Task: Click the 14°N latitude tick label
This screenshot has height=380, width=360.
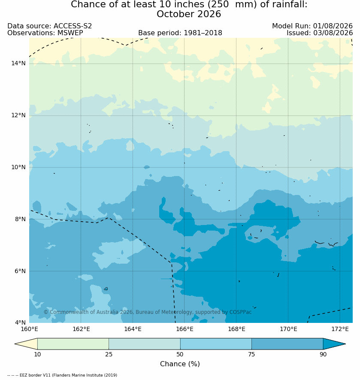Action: [18, 64]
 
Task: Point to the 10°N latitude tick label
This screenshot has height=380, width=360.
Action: [18, 167]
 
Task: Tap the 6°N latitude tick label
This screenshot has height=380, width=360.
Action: [20, 271]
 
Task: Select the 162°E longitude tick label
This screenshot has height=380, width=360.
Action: [81, 329]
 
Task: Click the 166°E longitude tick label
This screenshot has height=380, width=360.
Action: [185, 329]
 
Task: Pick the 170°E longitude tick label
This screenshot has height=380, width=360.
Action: [288, 329]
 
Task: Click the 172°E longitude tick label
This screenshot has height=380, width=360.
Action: [340, 329]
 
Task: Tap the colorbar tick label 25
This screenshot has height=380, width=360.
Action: [109, 354]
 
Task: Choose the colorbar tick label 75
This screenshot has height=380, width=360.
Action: [251, 354]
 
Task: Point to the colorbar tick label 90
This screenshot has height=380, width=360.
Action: [323, 354]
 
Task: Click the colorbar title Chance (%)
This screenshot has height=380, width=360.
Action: [180, 364]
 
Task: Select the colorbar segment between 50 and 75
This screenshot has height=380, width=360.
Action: [216, 344]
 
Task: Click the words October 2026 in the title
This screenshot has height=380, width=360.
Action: [189, 14]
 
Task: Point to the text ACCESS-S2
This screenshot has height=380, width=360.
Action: [73, 26]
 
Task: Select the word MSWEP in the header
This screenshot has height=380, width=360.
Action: [70, 33]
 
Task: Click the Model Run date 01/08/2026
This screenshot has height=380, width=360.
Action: [333, 26]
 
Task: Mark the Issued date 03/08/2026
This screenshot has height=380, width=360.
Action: [333, 33]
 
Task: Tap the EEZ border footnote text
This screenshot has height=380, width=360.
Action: [62, 375]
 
